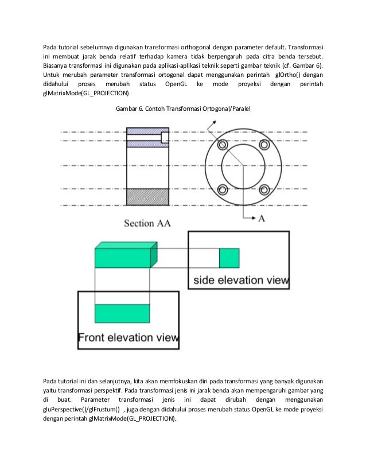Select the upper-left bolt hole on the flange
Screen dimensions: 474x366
pos(223,151)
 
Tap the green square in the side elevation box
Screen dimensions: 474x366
pos(229,258)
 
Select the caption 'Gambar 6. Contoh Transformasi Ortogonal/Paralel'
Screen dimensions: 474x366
pos(183,108)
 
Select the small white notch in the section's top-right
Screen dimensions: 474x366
pos(165,137)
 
